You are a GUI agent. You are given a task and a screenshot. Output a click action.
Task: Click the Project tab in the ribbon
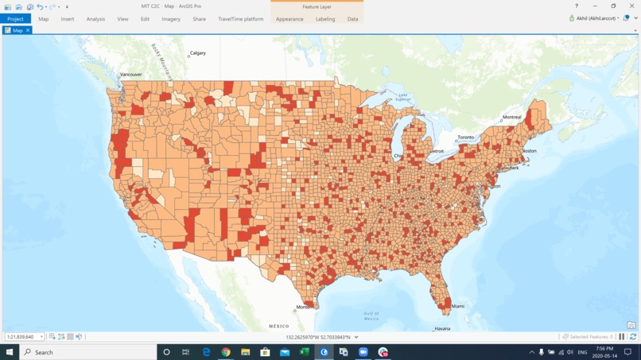pos(15,19)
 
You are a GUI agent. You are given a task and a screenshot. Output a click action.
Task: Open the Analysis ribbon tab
pos(95,19)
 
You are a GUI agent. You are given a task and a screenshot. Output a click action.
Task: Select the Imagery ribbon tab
pos(171,19)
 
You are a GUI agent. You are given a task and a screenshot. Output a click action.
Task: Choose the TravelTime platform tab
pos(241,19)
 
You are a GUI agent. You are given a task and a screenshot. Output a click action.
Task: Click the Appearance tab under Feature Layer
pos(289,19)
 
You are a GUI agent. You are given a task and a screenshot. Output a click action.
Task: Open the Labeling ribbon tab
pos(325,19)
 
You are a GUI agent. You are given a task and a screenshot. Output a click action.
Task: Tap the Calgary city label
pos(198,53)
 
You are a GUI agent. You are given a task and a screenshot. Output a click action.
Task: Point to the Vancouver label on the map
pos(130,75)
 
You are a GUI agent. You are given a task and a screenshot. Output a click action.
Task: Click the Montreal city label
pos(511,118)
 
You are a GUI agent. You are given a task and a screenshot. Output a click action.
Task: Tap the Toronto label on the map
pos(465,137)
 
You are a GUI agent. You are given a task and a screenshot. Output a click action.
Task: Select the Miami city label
pos(457,306)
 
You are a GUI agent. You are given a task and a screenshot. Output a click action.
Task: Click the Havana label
pos(442,328)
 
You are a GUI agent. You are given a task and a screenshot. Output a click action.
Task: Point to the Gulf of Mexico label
pos(371,315)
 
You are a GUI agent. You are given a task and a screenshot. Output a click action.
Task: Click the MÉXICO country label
pos(278,326)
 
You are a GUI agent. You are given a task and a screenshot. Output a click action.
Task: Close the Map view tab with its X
pos(28,30)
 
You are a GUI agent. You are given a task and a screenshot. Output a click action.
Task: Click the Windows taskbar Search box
pos(87,352)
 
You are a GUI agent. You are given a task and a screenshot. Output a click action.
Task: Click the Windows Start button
pos(10,352)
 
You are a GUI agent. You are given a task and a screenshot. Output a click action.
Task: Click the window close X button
pos(631,6)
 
